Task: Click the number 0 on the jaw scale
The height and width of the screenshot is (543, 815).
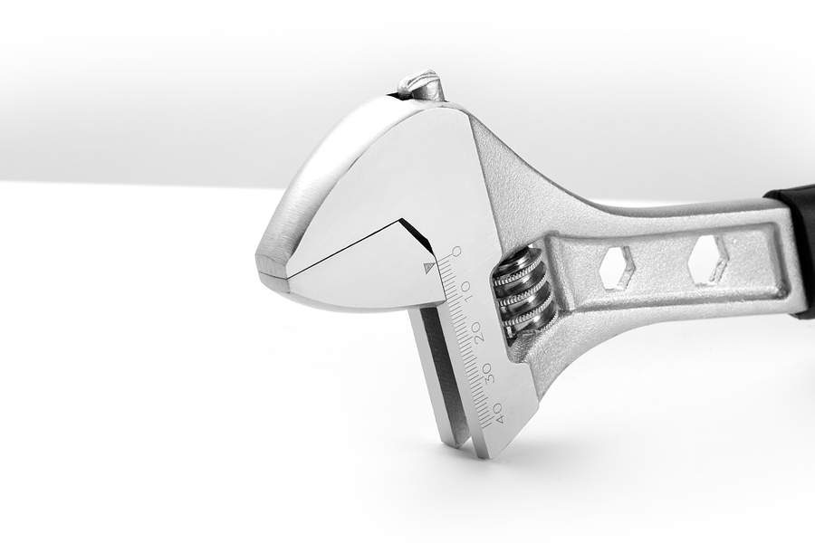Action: point(456,252)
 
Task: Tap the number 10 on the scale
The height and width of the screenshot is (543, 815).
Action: point(465,289)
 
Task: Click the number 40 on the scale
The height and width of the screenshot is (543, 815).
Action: point(498,412)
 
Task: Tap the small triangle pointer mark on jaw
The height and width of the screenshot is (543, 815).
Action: point(429,267)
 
